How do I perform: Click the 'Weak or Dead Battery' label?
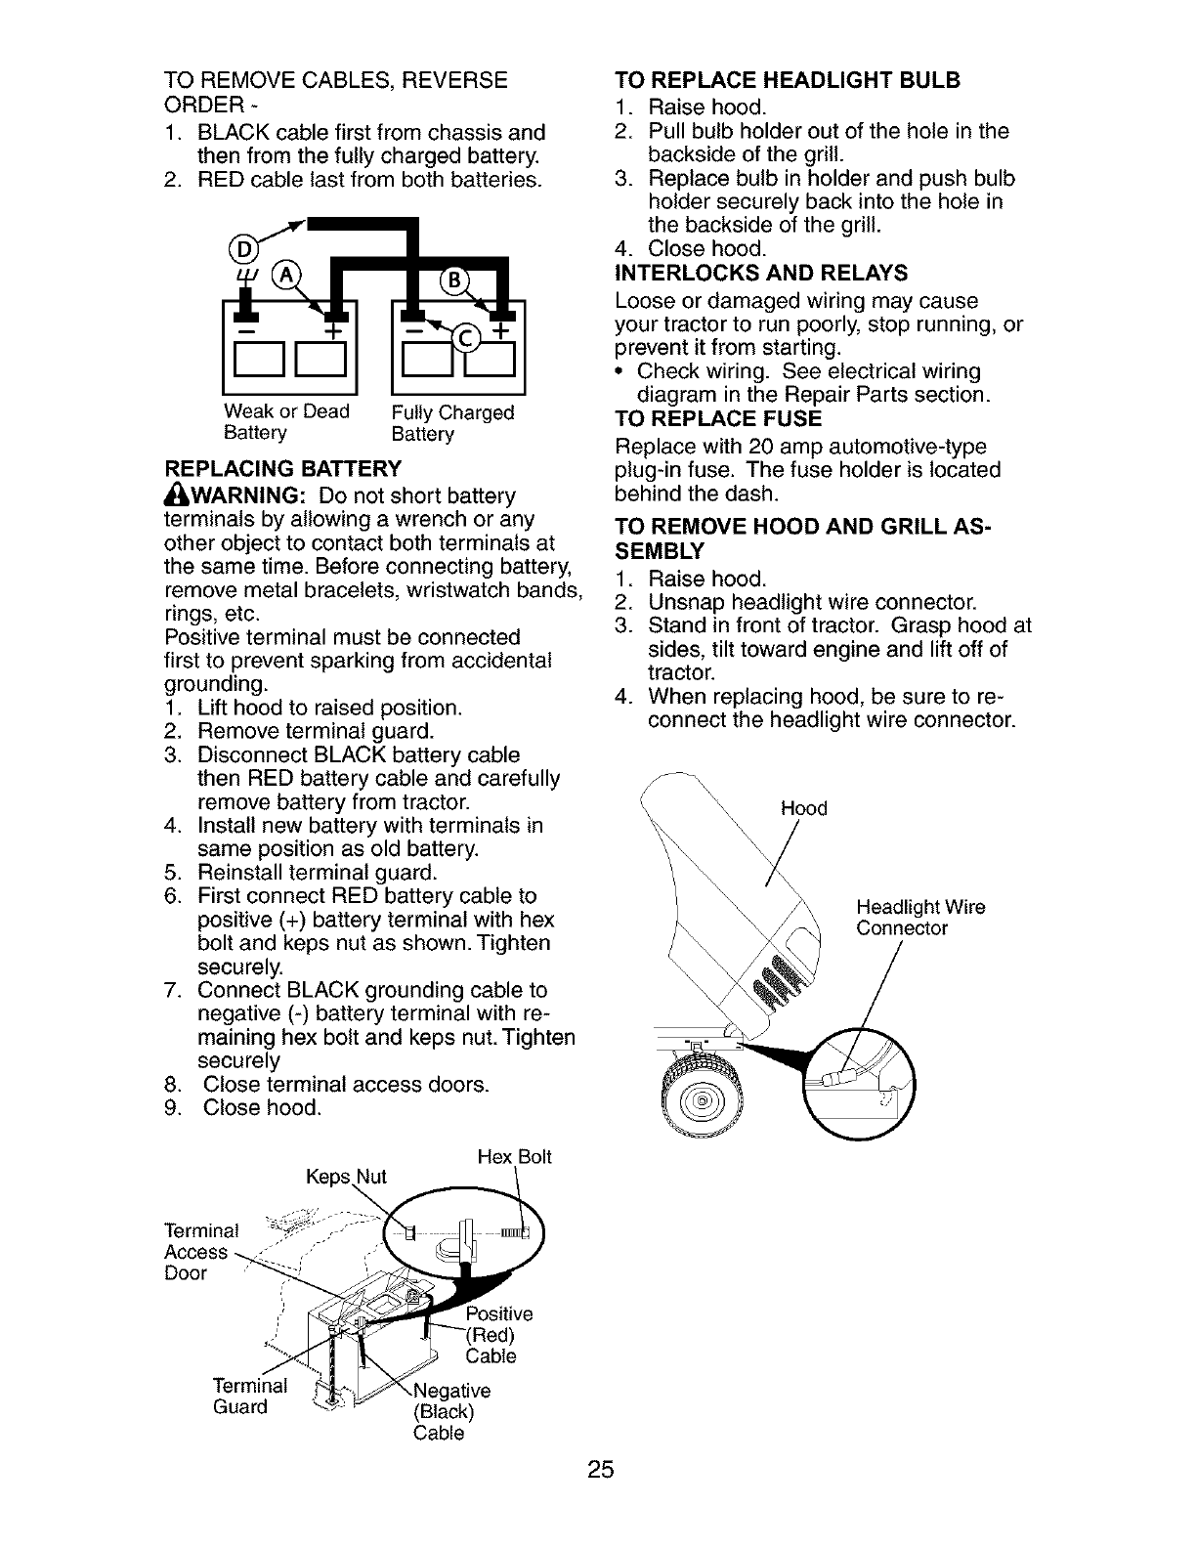click(x=286, y=422)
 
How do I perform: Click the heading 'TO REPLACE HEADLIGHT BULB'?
click(x=788, y=80)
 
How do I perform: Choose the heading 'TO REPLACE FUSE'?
click(x=718, y=420)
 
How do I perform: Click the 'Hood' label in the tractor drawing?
click(x=803, y=808)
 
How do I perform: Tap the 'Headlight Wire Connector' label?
click(x=919, y=918)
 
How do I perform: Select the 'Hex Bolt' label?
click(x=514, y=1158)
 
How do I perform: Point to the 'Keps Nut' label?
click(x=346, y=1177)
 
